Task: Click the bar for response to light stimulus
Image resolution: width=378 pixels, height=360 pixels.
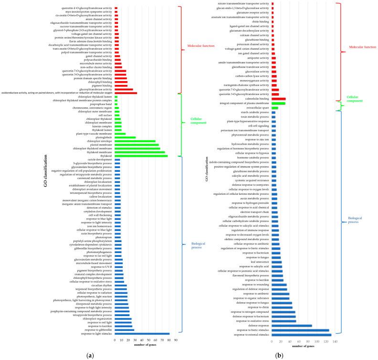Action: click(142, 334)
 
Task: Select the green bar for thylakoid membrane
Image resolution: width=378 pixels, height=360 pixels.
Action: click(140, 152)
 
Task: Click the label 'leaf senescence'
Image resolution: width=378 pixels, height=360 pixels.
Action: click(258, 262)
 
